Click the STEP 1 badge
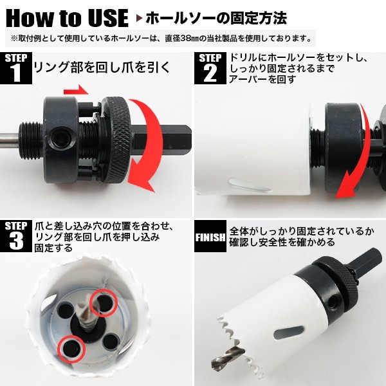[16, 68]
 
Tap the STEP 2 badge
[210, 68]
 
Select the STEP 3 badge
[16, 236]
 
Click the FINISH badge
[210, 236]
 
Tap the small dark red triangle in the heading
[140, 19]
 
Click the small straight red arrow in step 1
[76, 90]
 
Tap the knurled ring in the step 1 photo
[117, 140]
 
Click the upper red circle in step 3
[104, 302]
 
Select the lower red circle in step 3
[71, 349]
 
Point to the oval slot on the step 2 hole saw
[249, 185]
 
